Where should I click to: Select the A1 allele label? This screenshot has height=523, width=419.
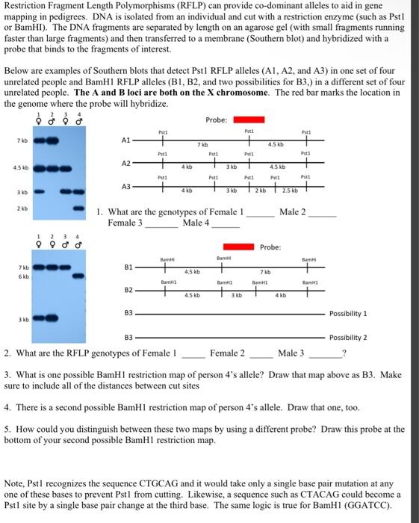coord(125,140)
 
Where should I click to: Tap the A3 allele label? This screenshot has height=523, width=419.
coord(125,186)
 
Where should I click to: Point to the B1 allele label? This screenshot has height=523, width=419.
coord(126,266)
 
